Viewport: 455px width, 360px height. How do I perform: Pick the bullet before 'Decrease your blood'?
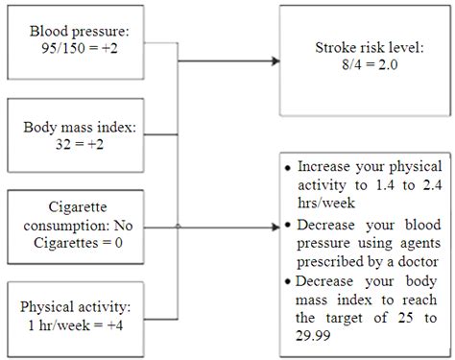tap(289, 227)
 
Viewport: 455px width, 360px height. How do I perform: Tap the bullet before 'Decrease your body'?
tap(290, 283)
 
